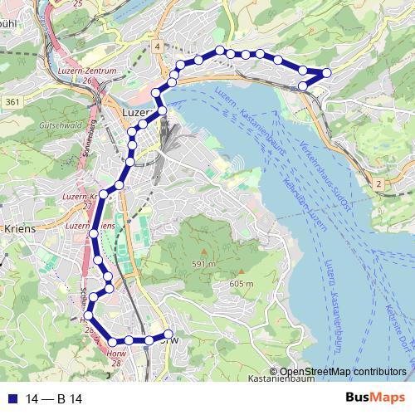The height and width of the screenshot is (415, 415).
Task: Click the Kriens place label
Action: [x=20, y=227]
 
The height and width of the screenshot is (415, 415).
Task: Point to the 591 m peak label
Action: [x=204, y=264]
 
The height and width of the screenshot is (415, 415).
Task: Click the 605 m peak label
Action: [x=241, y=284]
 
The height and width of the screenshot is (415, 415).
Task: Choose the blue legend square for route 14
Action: [x=11, y=399]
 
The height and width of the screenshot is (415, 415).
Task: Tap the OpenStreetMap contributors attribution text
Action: [x=343, y=371]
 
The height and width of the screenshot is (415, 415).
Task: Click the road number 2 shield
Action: [x=378, y=183]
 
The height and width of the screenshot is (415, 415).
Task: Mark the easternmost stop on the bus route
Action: [x=326, y=73]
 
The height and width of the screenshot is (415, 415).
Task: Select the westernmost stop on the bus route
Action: [x=89, y=315]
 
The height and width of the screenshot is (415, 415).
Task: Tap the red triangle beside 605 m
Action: [x=241, y=272]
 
